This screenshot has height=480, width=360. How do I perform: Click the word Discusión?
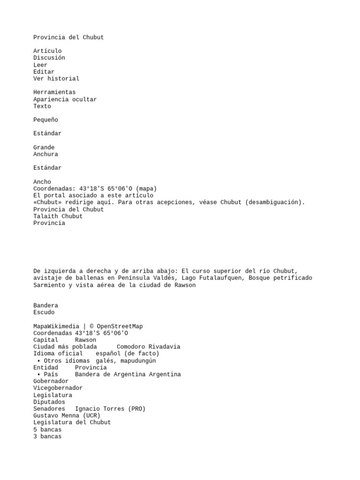[49, 58]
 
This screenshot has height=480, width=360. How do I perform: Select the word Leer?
[40, 65]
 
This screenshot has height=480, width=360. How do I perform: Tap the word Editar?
[44, 72]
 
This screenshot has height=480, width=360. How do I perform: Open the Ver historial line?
[56, 79]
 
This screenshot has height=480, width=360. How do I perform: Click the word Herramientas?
[54, 92]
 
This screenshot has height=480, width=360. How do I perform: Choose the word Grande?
[44, 148]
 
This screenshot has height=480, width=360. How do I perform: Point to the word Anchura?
[45, 154]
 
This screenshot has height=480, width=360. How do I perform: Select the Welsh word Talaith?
[45, 217]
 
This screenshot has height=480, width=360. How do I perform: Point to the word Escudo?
[44, 313]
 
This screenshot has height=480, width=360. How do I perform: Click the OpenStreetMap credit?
[120, 327]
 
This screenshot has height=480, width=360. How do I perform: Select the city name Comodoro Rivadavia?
[148, 347]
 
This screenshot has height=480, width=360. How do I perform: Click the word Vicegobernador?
[58, 388]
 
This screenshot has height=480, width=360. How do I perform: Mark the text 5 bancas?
[47, 429]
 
